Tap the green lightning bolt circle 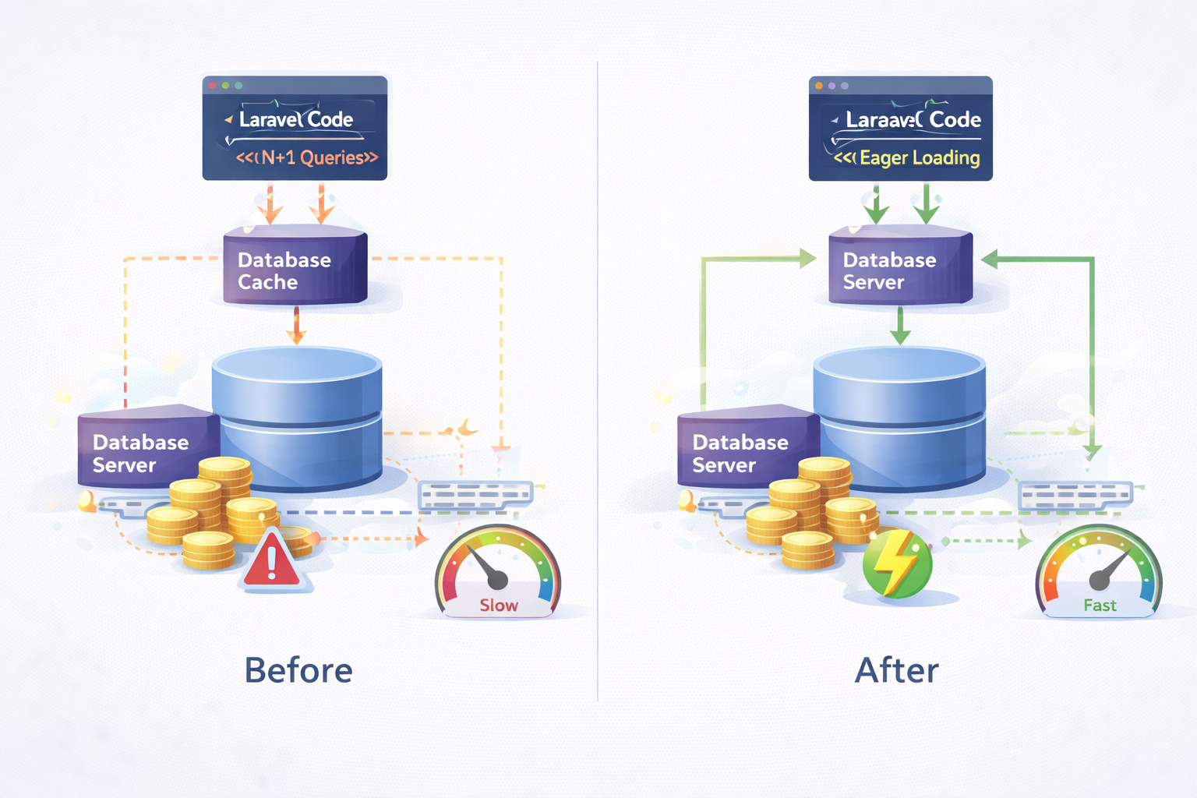coord(897,563)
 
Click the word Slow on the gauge coord(499,606)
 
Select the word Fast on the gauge coord(1100,606)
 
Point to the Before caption coord(298,670)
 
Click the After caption coord(897,670)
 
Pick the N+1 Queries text coord(307,157)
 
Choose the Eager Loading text coord(908,158)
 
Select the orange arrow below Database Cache coord(296,326)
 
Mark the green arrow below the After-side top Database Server coord(900,326)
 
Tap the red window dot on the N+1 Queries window coord(212,85)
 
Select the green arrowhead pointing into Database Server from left coord(807,259)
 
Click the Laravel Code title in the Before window coord(296,119)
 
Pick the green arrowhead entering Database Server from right coord(990,260)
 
